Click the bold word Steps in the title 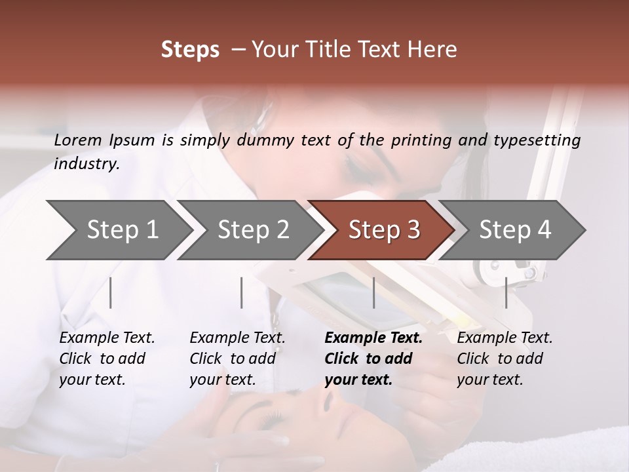(x=190, y=50)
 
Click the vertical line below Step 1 (x=111, y=292)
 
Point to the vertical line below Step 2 (x=242, y=292)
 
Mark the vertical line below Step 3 (x=373, y=292)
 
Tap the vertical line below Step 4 (x=506, y=292)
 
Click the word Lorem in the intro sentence (x=77, y=140)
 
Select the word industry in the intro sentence (x=86, y=164)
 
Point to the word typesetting (x=541, y=140)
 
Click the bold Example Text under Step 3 (x=373, y=338)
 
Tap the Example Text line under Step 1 (x=107, y=338)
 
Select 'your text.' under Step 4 (x=490, y=380)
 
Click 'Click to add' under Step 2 (x=233, y=359)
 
